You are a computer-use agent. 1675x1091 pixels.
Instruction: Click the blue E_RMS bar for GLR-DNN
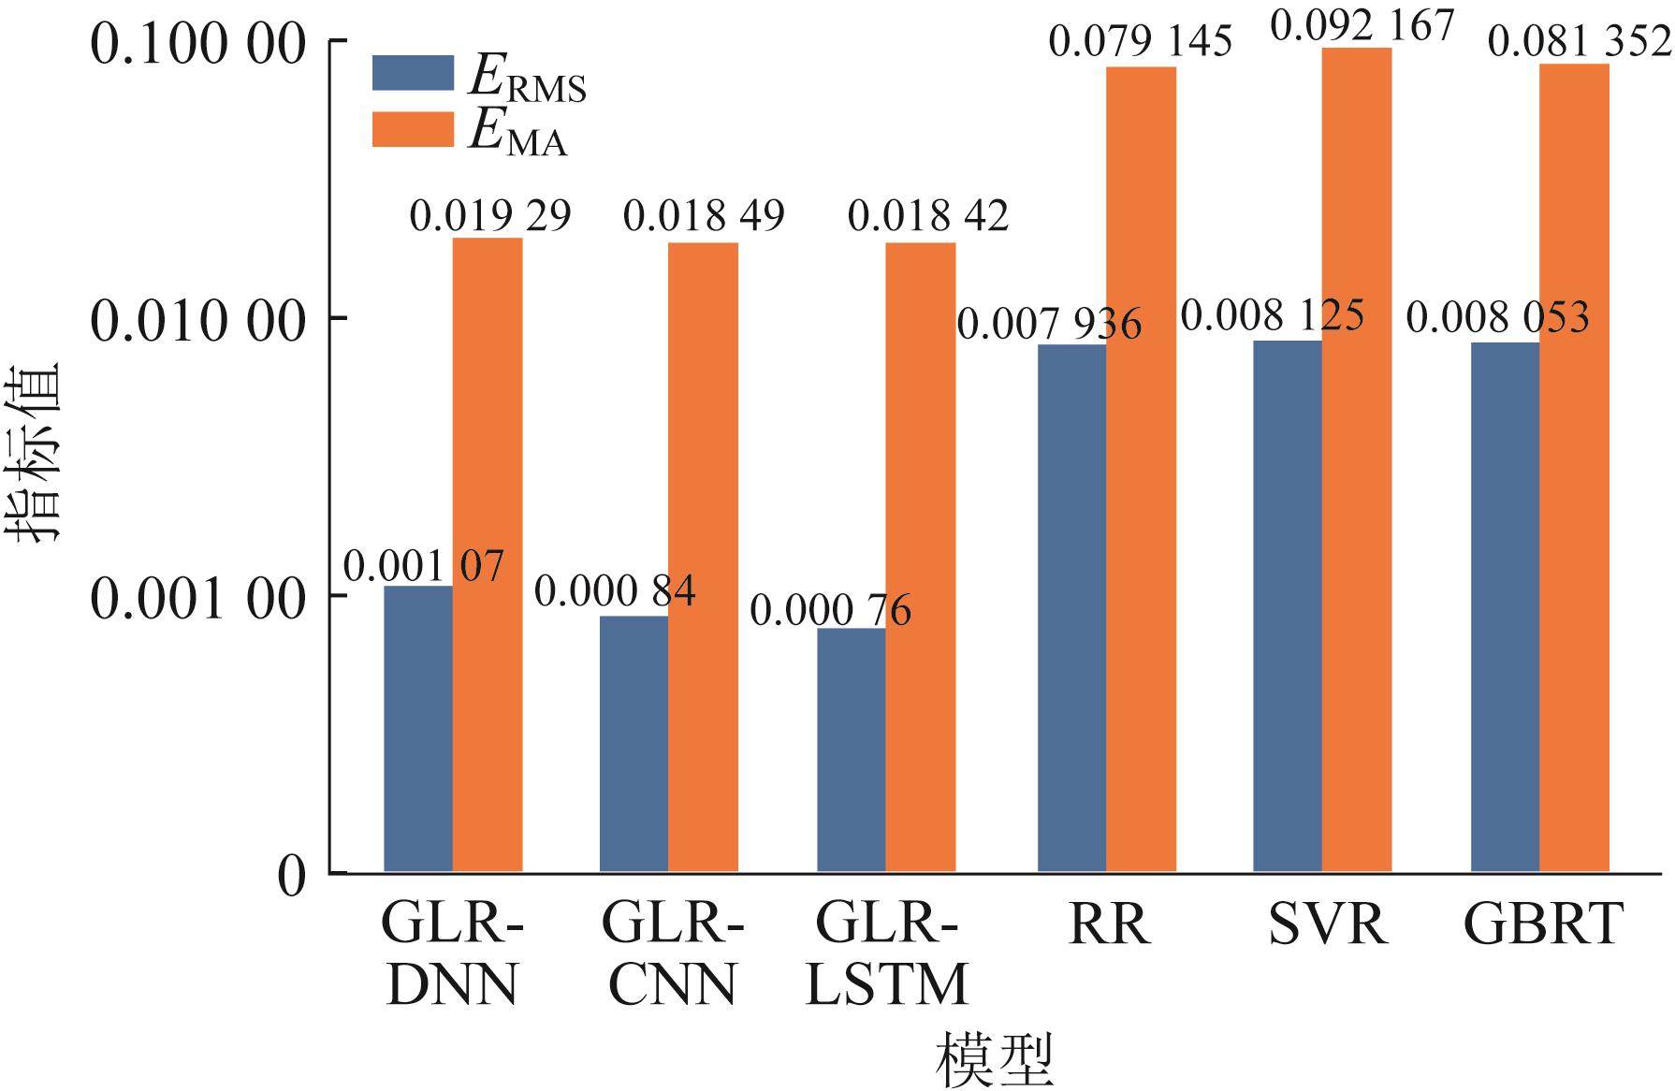click(x=418, y=729)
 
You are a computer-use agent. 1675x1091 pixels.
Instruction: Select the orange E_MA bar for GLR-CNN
click(x=703, y=558)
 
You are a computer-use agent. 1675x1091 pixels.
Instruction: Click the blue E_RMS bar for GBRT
click(x=1506, y=607)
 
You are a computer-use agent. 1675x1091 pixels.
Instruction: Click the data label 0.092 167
click(x=1362, y=25)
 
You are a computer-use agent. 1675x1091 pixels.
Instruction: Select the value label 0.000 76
click(x=831, y=611)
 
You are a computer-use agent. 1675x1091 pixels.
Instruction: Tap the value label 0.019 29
click(x=490, y=217)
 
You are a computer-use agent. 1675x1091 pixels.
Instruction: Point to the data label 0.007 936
click(x=1049, y=325)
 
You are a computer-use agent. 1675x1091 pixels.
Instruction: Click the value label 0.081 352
click(x=1580, y=44)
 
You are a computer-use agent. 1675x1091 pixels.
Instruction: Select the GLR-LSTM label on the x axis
click(x=887, y=954)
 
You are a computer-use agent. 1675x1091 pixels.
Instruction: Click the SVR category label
click(x=1327, y=926)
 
